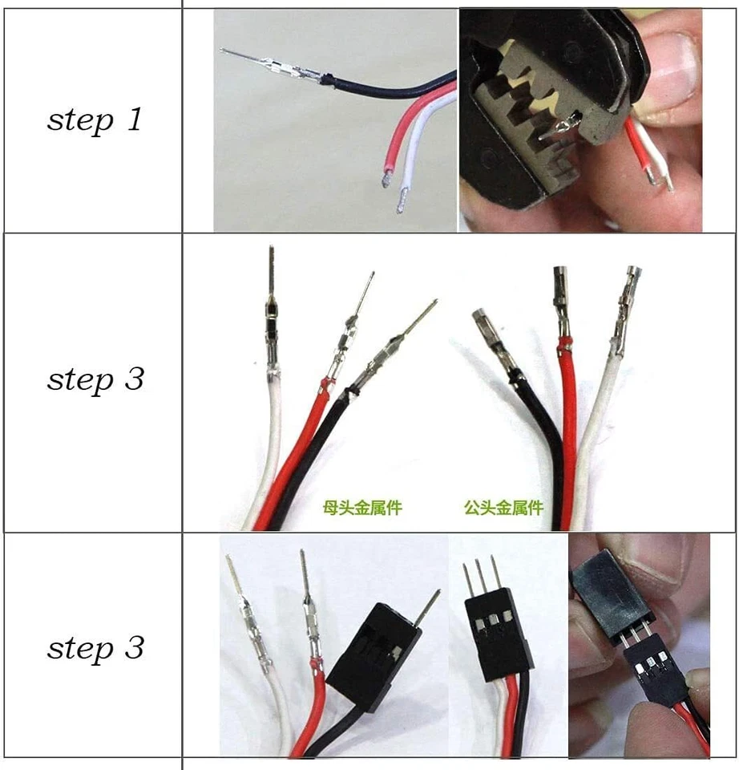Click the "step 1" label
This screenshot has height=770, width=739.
coord(95,120)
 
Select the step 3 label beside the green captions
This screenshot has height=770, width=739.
coord(95,379)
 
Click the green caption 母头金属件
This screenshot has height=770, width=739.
coord(361,507)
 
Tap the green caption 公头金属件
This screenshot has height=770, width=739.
coord(503,507)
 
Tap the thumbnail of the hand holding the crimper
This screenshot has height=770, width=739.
coord(580,120)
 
